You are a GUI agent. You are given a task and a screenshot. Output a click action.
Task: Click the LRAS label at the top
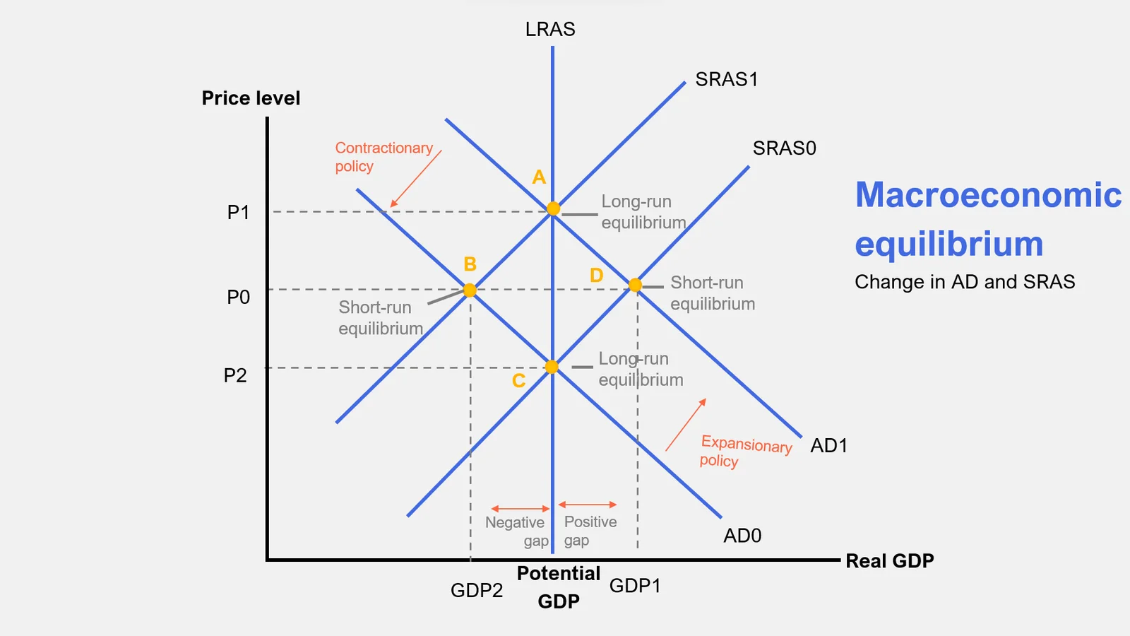coord(550,30)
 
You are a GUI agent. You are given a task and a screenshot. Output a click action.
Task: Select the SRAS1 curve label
coord(726,79)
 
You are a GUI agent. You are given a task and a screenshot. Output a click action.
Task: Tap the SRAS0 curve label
coord(784,148)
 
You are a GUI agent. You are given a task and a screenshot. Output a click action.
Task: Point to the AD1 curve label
coord(828,446)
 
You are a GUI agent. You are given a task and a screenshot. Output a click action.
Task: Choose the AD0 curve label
coord(742,536)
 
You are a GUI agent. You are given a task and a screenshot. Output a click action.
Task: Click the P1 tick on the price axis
coord(239,213)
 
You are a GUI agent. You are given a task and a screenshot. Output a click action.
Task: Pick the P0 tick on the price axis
coord(239,298)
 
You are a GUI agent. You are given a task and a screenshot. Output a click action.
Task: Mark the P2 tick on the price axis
coord(235,376)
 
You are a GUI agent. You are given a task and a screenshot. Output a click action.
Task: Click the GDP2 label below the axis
coord(477,591)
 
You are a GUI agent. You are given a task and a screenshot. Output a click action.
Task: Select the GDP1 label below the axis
coord(635,586)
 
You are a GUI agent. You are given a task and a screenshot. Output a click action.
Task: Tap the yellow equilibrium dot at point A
coord(554,208)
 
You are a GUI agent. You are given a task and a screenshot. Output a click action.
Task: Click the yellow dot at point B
coord(470,290)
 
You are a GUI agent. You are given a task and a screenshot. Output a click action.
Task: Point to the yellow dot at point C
coord(552,367)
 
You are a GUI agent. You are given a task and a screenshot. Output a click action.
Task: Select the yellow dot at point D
coord(635,285)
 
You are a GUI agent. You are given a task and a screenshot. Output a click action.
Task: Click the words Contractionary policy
coord(383,157)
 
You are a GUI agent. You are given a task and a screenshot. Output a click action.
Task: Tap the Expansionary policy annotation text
coord(745,452)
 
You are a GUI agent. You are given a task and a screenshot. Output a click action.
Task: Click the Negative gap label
coord(516,531)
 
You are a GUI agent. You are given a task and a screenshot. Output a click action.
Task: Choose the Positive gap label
coord(590,531)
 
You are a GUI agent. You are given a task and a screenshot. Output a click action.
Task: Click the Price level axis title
coord(251,98)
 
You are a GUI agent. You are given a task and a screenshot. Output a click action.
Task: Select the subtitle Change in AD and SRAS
coord(965,282)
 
